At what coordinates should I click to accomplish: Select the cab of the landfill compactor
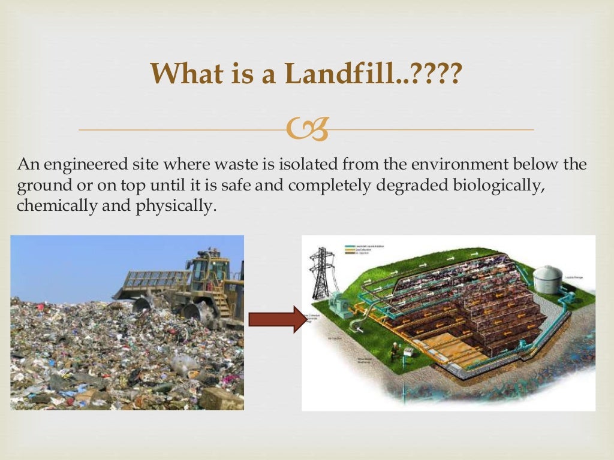[x=209, y=273]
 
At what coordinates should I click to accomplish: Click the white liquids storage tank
[x=547, y=279]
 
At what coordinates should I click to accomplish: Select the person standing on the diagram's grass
[x=393, y=350]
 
